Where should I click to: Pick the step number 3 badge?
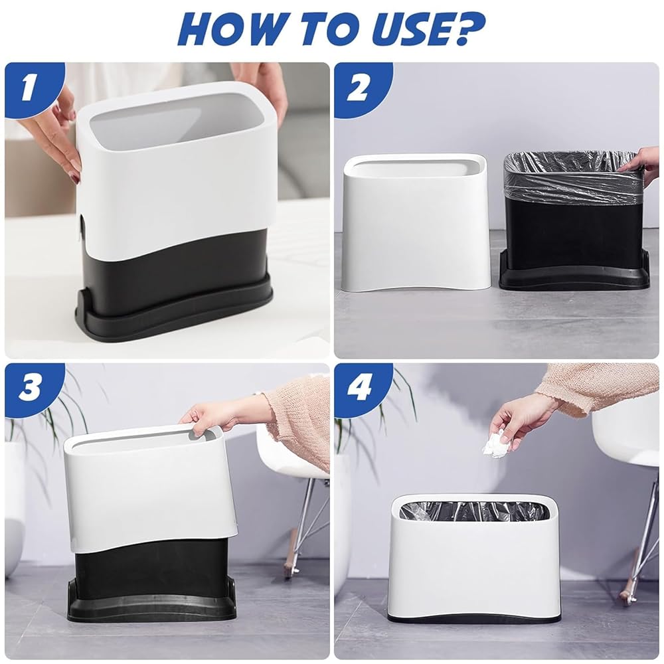pos(29,388)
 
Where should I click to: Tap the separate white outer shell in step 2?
pos(414,222)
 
